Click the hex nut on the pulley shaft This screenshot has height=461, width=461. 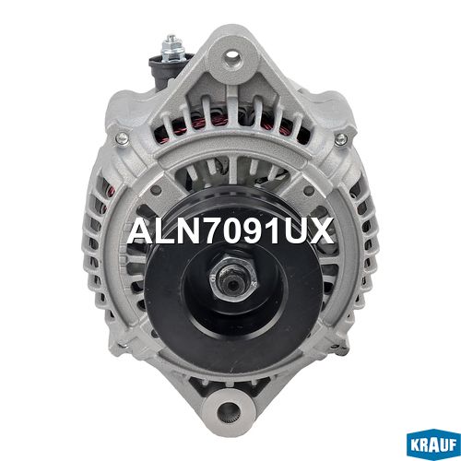[232, 277]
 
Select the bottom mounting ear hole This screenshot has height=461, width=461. [228, 410]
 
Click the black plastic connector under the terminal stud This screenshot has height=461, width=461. [163, 71]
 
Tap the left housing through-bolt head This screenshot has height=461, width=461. [123, 138]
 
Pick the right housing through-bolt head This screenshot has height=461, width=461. [341, 140]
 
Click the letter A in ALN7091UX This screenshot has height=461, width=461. [142, 230]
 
